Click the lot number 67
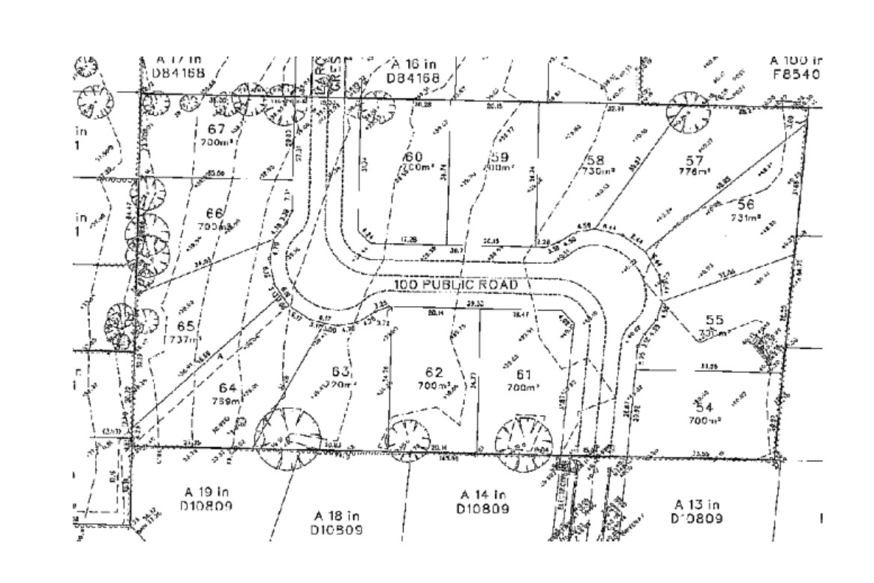click(216, 128)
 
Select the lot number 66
click(215, 213)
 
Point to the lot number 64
click(229, 387)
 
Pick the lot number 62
click(434, 373)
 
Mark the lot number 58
click(597, 159)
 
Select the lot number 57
click(694, 160)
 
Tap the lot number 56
click(745, 203)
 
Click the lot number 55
click(715, 320)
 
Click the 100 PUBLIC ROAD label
click(455, 286)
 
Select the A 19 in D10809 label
click(207, 499)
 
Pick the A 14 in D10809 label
click(483, 502)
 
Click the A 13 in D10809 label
click(698, 511)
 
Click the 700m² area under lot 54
click(704, 422)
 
